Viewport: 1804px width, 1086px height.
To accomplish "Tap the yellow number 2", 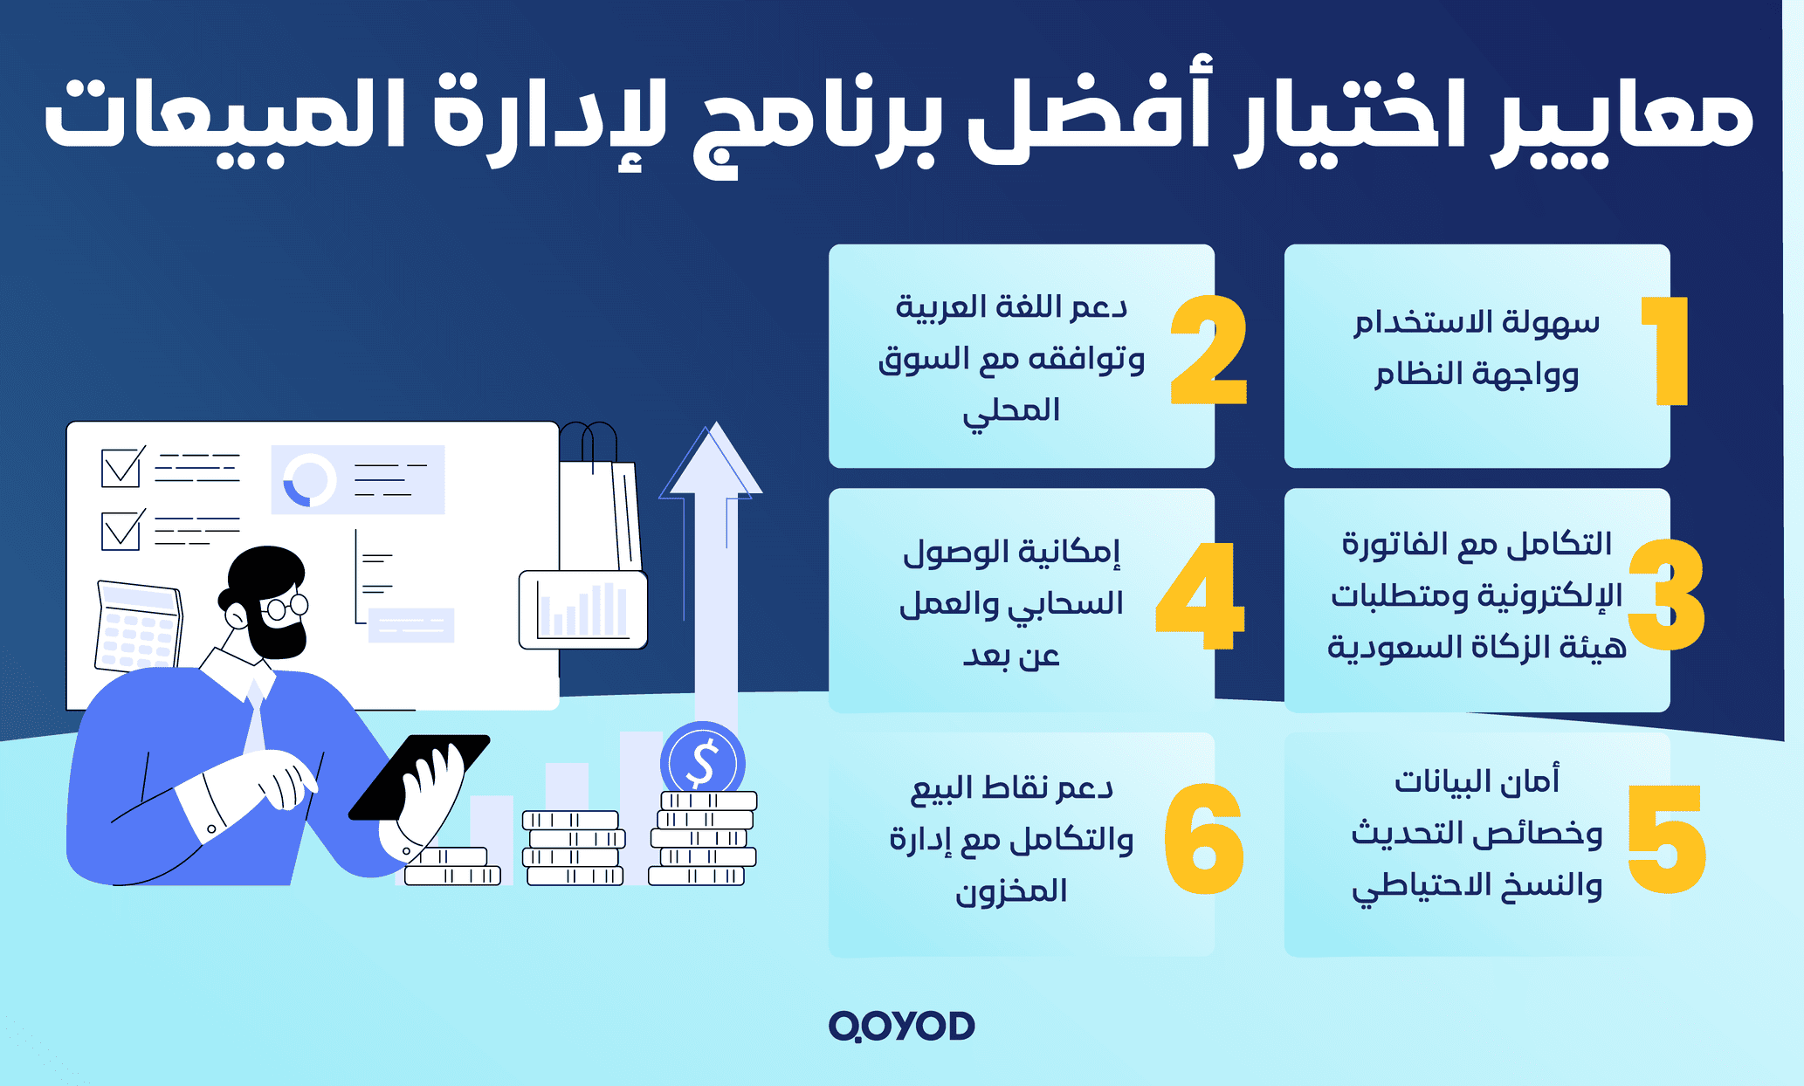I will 1208,351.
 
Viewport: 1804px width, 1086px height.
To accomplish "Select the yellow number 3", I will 1666,595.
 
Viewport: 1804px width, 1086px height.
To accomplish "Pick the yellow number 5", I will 1666,840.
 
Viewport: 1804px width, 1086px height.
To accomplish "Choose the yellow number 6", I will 1204,840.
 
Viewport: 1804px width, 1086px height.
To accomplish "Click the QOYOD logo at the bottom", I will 901,1026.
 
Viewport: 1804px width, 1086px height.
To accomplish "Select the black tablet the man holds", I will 419,777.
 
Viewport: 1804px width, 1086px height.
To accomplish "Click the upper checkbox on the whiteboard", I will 120,468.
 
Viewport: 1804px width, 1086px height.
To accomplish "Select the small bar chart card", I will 582,609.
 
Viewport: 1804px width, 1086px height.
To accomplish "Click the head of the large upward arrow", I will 712,463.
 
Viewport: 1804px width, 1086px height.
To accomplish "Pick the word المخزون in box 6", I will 1011,890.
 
